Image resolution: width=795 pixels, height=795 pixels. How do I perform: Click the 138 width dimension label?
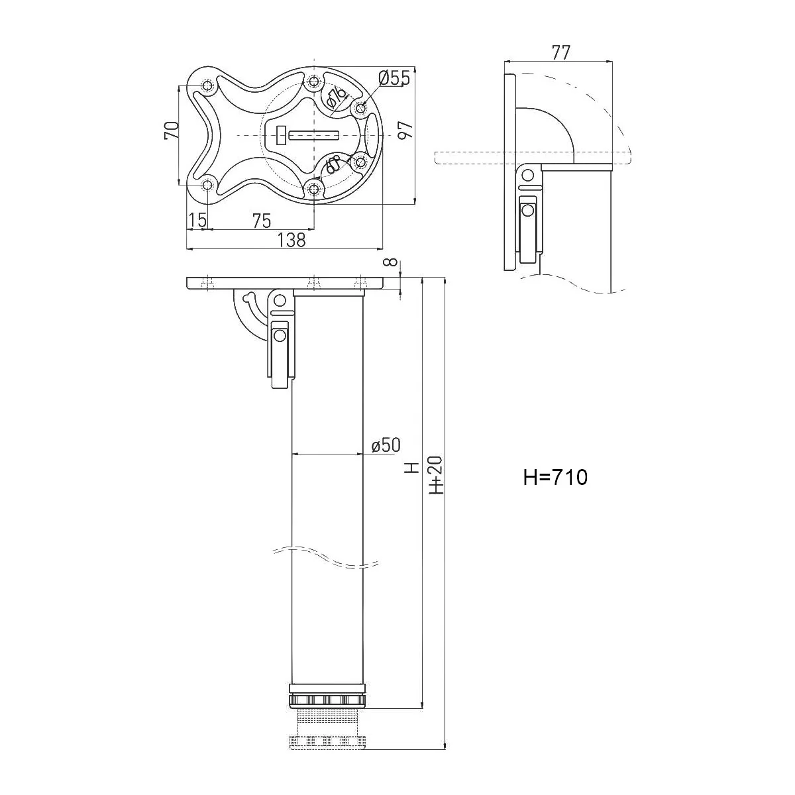[x=292, y=240]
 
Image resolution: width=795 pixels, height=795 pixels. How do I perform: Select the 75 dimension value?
[x=261, y=221]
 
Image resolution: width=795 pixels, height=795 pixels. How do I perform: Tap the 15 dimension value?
[x=196, y=221]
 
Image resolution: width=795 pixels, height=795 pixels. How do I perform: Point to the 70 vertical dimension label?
[x=171, y=130]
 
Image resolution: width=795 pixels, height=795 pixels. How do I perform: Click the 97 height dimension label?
[x=405, y=131]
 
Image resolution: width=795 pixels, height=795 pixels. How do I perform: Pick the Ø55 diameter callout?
[x=394, y=78]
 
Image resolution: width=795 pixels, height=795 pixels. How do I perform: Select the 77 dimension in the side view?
[x=560, y=53]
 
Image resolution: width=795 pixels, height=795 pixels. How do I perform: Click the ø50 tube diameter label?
[x=386, y=445]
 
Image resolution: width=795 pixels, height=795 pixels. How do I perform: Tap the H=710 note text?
[x=555, y=477]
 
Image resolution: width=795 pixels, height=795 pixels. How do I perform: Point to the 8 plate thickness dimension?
[x=395, y=264]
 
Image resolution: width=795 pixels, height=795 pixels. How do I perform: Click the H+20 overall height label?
[x=436, y=476]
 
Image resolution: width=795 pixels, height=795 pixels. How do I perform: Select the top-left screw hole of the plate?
[x=207, y=86]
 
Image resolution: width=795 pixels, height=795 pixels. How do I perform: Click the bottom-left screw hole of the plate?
[x=207, y=185]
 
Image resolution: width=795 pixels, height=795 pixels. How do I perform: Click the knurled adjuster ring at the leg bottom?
[x=327, y=700]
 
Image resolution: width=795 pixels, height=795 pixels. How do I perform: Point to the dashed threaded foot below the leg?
[x=327, y=729]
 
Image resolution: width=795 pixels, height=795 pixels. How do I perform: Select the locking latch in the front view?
[x=280, y=351]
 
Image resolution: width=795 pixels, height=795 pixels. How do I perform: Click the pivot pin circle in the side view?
[x=528, y=176]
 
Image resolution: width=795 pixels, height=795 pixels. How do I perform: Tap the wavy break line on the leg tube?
[x=327, y=556]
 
